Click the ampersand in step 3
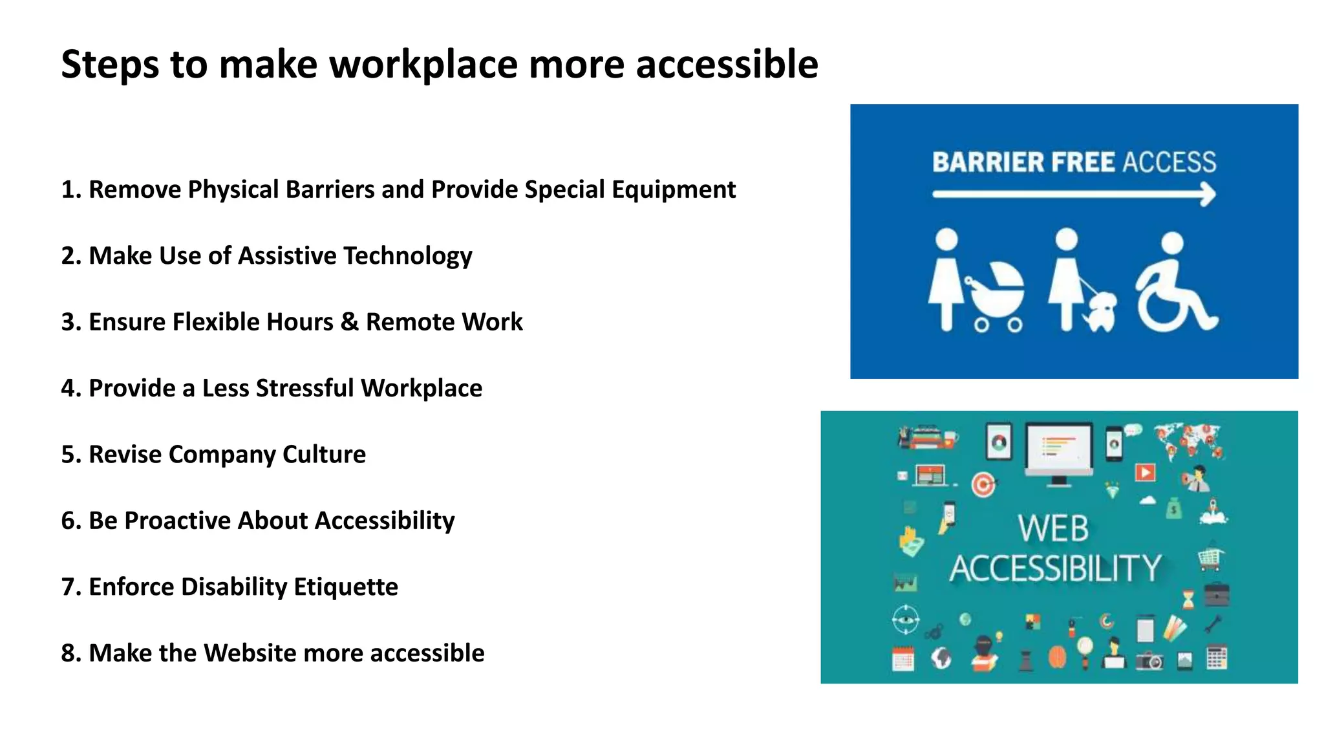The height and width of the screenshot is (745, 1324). tap(349, 322)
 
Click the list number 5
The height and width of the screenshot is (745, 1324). tap(69, 455)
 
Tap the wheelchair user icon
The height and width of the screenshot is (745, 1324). tap(1175, 285)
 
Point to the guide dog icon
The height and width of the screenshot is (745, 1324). tap(1102, 312)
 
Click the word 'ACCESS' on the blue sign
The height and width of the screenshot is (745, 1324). tap(1169, 162)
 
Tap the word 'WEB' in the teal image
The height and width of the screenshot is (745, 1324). tap(1053, 528)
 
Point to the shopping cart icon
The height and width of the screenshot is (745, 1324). tap(1210, 558)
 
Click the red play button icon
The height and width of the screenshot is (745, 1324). tap(1145, 472)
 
